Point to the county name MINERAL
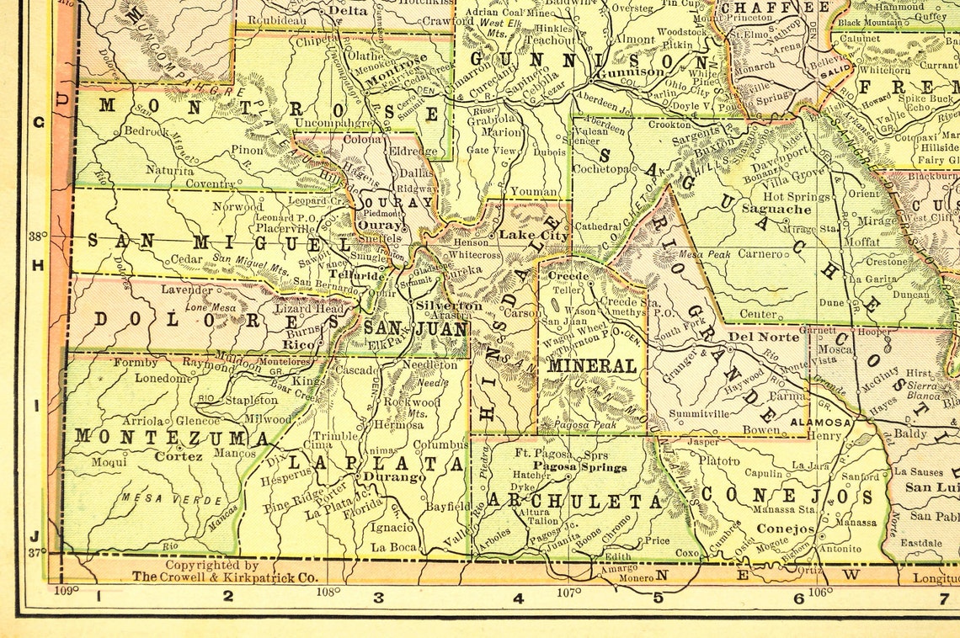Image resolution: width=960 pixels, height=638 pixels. click(592, 366)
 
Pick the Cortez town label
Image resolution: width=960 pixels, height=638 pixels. click(179, 456)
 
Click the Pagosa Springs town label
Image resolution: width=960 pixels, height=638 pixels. click(581, 467)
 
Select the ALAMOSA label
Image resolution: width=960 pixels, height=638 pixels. click(820, 423)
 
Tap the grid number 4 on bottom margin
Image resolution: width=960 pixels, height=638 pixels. click(518, 598)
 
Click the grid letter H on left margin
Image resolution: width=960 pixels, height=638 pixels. click(38, 265)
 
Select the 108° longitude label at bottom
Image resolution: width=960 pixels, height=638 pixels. click(328, 591)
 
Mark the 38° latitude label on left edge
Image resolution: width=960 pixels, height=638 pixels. click(38, 237)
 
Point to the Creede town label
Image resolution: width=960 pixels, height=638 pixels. click(568, 276)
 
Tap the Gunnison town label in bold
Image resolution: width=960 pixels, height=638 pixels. click(631, 72)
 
